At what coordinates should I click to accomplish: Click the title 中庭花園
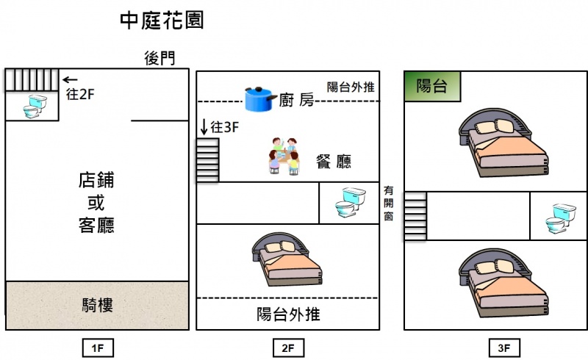pos(162,21)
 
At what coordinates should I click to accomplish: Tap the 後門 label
pos(159,59)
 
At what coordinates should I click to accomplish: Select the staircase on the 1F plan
pos(32,79)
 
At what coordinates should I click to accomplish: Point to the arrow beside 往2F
pos(71,79)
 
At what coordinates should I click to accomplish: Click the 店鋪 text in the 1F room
pos(96,180)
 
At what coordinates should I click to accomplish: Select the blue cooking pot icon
pos(260,98)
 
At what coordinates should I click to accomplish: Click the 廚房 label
pos(296,101)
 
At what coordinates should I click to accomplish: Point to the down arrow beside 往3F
pos(203,126)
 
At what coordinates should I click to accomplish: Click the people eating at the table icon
pos(284,155)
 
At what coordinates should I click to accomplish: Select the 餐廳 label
pos(333,162)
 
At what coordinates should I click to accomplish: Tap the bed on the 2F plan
pos(287,259)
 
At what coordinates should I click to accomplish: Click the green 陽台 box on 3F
pos(432,86)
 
